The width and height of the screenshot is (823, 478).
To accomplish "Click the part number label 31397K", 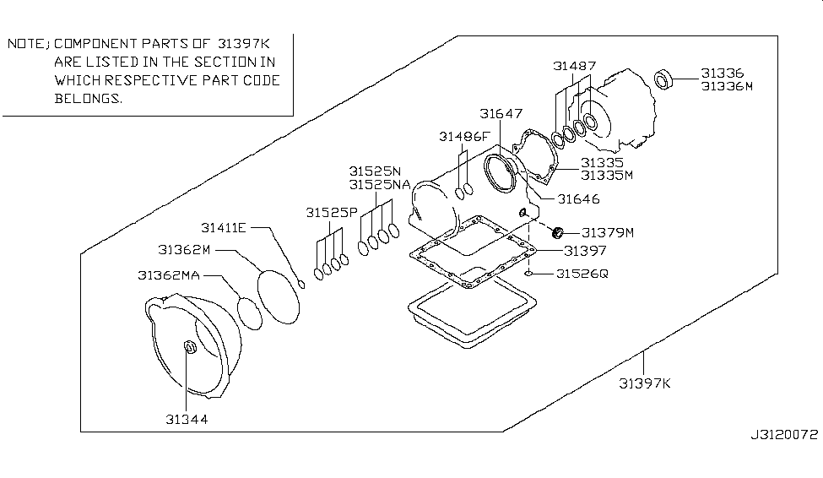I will (644, 383).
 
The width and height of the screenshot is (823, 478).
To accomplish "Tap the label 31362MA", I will (170, 275).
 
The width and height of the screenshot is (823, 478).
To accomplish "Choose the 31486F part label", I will (463, 136).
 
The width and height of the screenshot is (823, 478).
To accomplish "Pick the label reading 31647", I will (501, 113).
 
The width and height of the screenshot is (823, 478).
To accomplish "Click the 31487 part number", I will (575, 65).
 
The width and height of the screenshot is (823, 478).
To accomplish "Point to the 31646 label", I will (578, 199).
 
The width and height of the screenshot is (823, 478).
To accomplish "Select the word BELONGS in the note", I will (88, 98).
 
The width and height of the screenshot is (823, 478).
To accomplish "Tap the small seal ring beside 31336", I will (665, 80).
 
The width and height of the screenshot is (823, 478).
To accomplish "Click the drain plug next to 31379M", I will (557, 231).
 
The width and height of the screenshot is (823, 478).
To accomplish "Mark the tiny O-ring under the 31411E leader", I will (301, 284).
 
